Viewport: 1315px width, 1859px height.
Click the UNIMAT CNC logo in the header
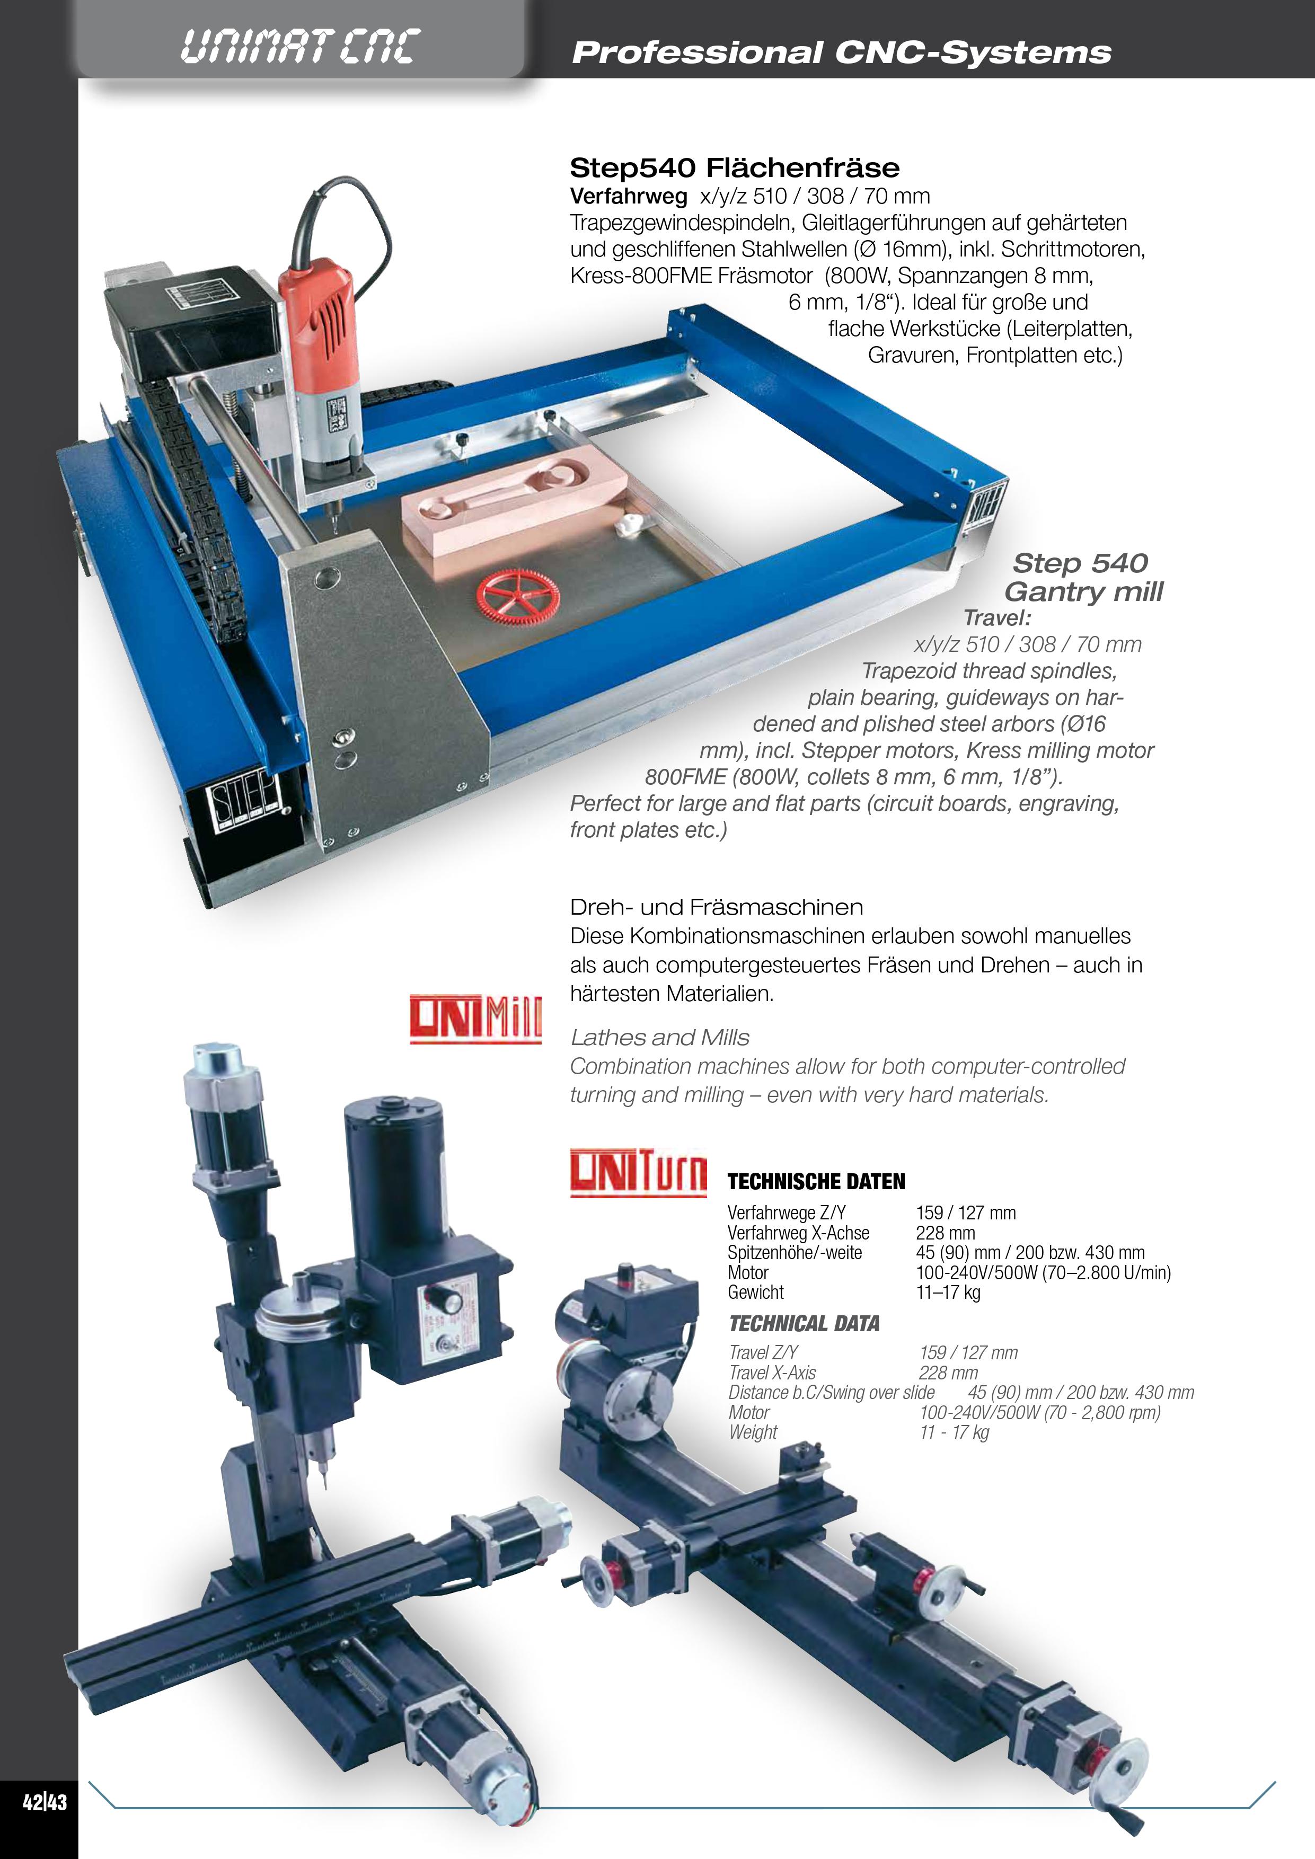pyautogui.click(x=299, y=46)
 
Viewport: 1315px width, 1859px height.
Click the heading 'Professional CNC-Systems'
pyautogui.click(x=841, y=52)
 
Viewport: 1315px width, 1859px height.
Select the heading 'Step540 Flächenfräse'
pyautogui.click(x=735, y=167)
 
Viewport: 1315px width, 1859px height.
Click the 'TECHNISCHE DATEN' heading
pyautogui.click(x=816, y=1182)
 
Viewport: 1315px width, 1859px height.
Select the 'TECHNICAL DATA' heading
pyautogui.click(x=804, y=1324)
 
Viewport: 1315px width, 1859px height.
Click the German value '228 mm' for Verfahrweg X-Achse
pyautogui.click(x=946, y=1233)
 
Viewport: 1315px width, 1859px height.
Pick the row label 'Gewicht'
pyautogui.click(x=755, y=1292)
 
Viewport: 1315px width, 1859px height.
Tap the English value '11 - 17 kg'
pyautogui.click(x=954, y=1432)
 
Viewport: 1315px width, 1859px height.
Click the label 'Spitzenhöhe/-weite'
pyautogui.click(x=795, y=1253)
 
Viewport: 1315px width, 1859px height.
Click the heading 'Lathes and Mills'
pyautogui.click(x=660, y=1037)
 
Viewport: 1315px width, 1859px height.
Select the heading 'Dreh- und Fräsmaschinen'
pyautogui.click(x=717, y=907)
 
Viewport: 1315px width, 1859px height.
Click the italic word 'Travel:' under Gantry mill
pyautogui.click(x=997, y=618)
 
